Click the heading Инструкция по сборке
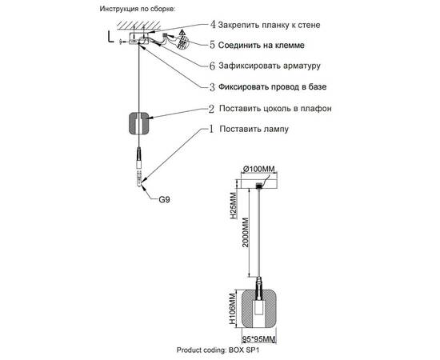point(138,9)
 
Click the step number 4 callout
point(213,25)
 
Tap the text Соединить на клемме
point(262,45)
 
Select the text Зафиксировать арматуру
point(270,66)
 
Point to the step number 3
point(213,87)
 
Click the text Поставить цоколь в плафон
point(275,108)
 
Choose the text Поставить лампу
point(254,129)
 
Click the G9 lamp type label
point(164,200)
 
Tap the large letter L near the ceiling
point(111,37)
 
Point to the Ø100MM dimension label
point(258,169)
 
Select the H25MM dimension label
point(234,206)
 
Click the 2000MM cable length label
point(246,232)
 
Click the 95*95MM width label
point(259,339)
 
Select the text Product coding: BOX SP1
point(218,350)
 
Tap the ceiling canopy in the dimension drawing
point(259,183)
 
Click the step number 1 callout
point(211,129)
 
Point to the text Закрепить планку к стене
point(269,25)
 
